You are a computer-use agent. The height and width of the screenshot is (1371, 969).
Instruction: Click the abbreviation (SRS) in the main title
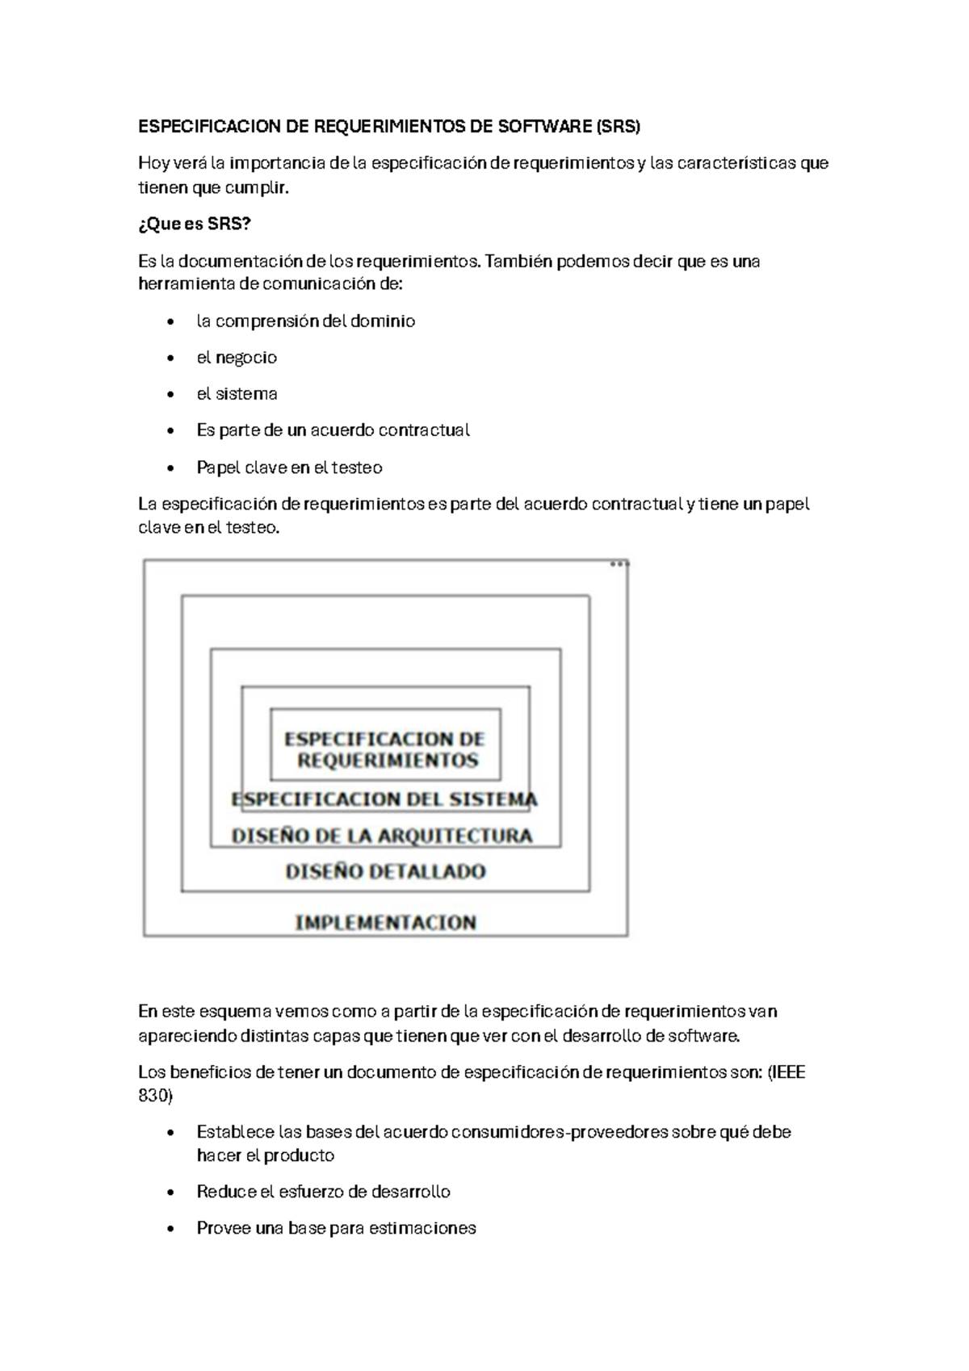tap(617, 127)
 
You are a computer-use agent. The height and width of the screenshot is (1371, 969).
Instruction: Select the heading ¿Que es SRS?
tap(195, 224)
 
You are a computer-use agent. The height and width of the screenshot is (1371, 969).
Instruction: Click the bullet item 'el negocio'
tap(237, 358)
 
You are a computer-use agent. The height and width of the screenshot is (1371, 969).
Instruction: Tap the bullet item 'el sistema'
tap(237, 394)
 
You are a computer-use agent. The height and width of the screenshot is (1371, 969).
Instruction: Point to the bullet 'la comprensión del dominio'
tap(305, 321)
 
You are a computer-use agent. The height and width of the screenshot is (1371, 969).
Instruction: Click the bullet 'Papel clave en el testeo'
tap(289, 467)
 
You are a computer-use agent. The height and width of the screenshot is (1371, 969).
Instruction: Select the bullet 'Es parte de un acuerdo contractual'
tap(333, 430)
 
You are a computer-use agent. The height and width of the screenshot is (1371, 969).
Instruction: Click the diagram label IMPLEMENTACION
tap(386, 922)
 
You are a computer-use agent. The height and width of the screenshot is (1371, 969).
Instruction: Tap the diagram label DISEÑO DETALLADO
tap(386, 871)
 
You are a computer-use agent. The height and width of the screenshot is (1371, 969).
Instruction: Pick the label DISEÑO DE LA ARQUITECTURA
tap(382, 836)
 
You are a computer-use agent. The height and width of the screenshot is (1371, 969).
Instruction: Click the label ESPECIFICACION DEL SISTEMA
tap(384, 799)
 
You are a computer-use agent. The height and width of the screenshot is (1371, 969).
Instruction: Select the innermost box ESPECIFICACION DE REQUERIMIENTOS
tap(385, 748)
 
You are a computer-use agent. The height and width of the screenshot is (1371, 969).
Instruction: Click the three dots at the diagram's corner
tap(619, 564)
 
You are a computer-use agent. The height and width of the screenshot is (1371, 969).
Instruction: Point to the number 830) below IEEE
tap(155, 1096)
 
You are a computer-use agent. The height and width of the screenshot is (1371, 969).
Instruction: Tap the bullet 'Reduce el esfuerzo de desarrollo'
tap(323, 1192)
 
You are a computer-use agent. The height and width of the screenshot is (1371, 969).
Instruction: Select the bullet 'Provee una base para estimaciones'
tap(336, 1228)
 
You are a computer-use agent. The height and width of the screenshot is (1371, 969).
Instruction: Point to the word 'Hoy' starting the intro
tap(153, 163)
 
